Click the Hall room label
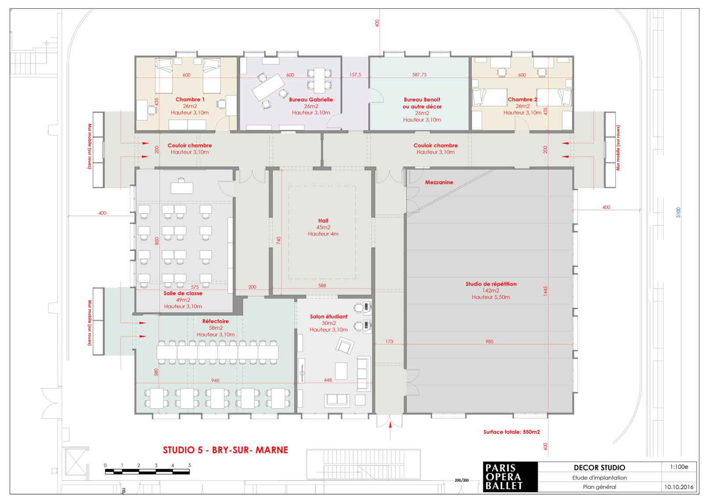(323, 221)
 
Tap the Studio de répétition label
(491, 284)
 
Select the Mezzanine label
(439, 182)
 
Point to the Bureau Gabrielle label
(311, 99)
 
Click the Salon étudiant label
(329, 316)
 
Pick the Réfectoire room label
(216, 321)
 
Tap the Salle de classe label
(183, 293)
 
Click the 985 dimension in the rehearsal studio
(489, 341)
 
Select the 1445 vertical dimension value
(545, 291)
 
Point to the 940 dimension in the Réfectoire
(215, 380)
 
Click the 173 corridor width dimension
(389, 341)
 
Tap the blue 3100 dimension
(678, 212)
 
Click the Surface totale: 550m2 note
(511, 432)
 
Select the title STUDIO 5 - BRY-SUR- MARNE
(225, 450)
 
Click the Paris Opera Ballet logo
(510, 477)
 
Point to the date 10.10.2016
(679, 487)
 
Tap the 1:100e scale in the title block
(679, 467)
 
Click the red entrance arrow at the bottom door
(390, 431)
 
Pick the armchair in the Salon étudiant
(345, 345)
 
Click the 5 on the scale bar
(190, 465)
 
